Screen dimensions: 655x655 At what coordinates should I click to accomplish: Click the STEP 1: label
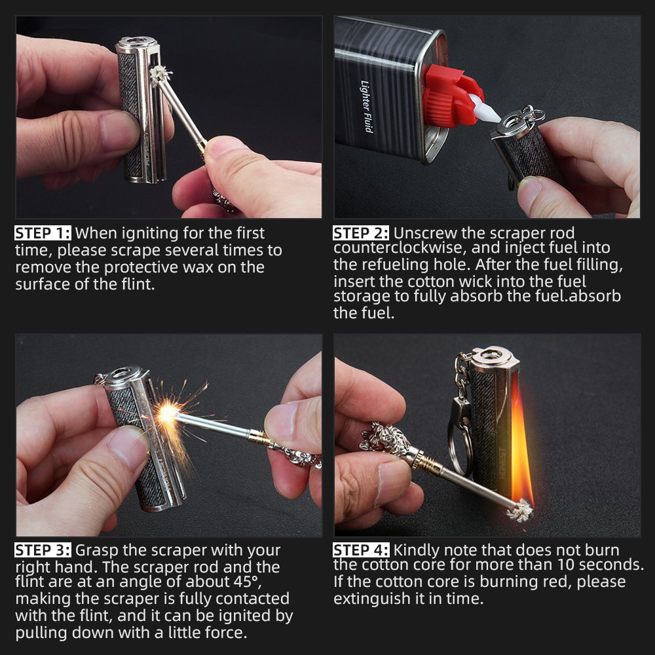[x=43, y=233]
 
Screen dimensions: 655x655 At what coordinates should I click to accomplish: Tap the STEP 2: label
[x=360, y=233]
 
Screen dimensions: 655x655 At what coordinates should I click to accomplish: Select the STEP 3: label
[x=43, y=550]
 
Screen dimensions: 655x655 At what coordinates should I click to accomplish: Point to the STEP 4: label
[x=361, y=550]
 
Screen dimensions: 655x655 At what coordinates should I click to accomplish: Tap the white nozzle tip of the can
[x=486, y=109]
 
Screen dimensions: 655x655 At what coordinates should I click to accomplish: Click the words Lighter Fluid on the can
[x=366, y=106]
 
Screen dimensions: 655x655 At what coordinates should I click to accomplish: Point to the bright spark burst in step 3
[x=169, y=413]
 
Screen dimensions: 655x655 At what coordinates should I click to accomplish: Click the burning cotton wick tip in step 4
[x=521, y=510]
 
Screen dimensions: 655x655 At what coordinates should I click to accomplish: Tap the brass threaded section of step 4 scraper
[x=427, y=463]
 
